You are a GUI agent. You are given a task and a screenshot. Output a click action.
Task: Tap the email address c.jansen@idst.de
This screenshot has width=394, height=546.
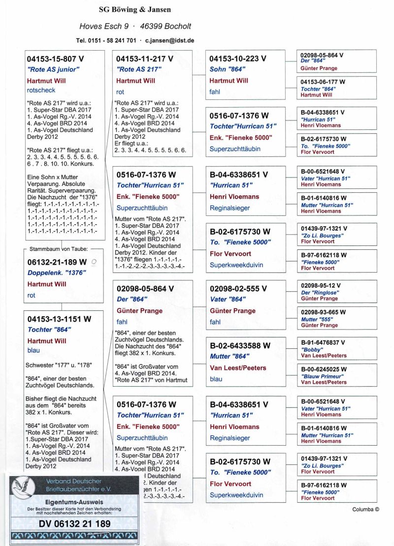[x=169, y=40]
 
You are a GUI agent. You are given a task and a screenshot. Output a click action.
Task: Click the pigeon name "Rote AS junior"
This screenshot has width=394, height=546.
[x=53, y=69]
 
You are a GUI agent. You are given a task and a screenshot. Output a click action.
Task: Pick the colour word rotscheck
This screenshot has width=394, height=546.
[x=41, y=90]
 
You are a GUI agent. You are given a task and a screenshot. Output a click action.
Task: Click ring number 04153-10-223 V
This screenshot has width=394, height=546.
[x=238, y=59]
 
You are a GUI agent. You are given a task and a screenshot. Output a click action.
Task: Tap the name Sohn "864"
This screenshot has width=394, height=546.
[x=227, y=69]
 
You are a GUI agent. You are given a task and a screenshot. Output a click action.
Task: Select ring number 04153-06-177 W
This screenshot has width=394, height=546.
[x=323, y=82]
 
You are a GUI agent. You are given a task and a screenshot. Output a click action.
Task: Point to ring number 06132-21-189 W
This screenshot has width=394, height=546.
[x=57, y=262]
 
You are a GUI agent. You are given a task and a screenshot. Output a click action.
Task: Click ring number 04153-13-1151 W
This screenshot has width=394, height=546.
[x=59, y=319]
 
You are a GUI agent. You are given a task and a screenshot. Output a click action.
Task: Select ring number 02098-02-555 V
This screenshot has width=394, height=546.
[x=238, y=289]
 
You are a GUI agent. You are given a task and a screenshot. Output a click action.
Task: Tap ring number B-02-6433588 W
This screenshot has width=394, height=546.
[x=240, y=345]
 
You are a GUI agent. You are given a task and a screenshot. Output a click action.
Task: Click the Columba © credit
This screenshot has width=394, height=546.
[x=365, y=510]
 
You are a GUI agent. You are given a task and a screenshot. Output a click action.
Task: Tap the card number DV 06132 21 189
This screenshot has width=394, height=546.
[x=74, y=524]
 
